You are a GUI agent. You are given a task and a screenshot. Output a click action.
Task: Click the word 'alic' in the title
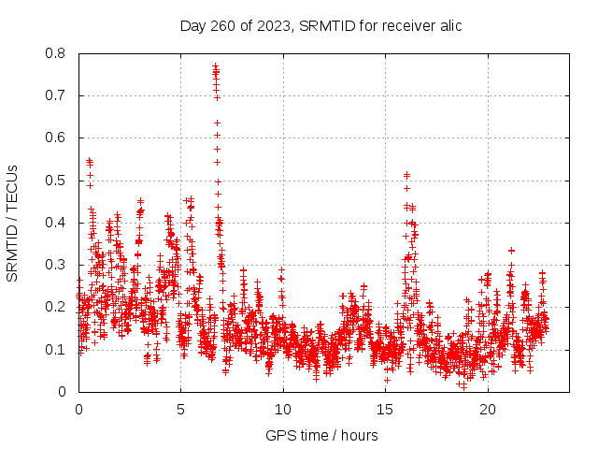point(449,25)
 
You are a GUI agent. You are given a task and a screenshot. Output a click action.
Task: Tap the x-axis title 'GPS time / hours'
point(321,435)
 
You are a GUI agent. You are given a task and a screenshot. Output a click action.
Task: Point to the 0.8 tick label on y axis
point(56,53)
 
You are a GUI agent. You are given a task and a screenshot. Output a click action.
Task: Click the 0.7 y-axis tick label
point(56,95)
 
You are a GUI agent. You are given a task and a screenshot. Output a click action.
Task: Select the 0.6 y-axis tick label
point(56,138)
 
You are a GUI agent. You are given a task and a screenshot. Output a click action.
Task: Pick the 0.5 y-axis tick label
point(56,181)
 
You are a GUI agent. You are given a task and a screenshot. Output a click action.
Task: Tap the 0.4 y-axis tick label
point(56,223)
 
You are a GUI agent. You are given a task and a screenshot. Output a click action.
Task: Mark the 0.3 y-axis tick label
point(56,265)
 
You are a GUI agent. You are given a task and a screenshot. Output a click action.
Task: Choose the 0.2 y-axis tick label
point(56,307)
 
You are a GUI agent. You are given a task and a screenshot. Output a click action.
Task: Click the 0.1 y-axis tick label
point(56,350)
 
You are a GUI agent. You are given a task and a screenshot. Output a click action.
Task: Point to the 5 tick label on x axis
point(181,409)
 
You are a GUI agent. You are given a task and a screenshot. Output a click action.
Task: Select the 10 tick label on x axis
point(283,409)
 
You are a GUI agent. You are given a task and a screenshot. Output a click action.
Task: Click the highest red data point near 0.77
point(215,65)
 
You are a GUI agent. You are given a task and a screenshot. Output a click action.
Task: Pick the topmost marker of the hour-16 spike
point(406,174)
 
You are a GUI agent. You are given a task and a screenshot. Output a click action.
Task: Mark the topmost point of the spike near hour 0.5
point(89,160)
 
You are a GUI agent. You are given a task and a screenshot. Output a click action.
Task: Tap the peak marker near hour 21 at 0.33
point(511,250)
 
